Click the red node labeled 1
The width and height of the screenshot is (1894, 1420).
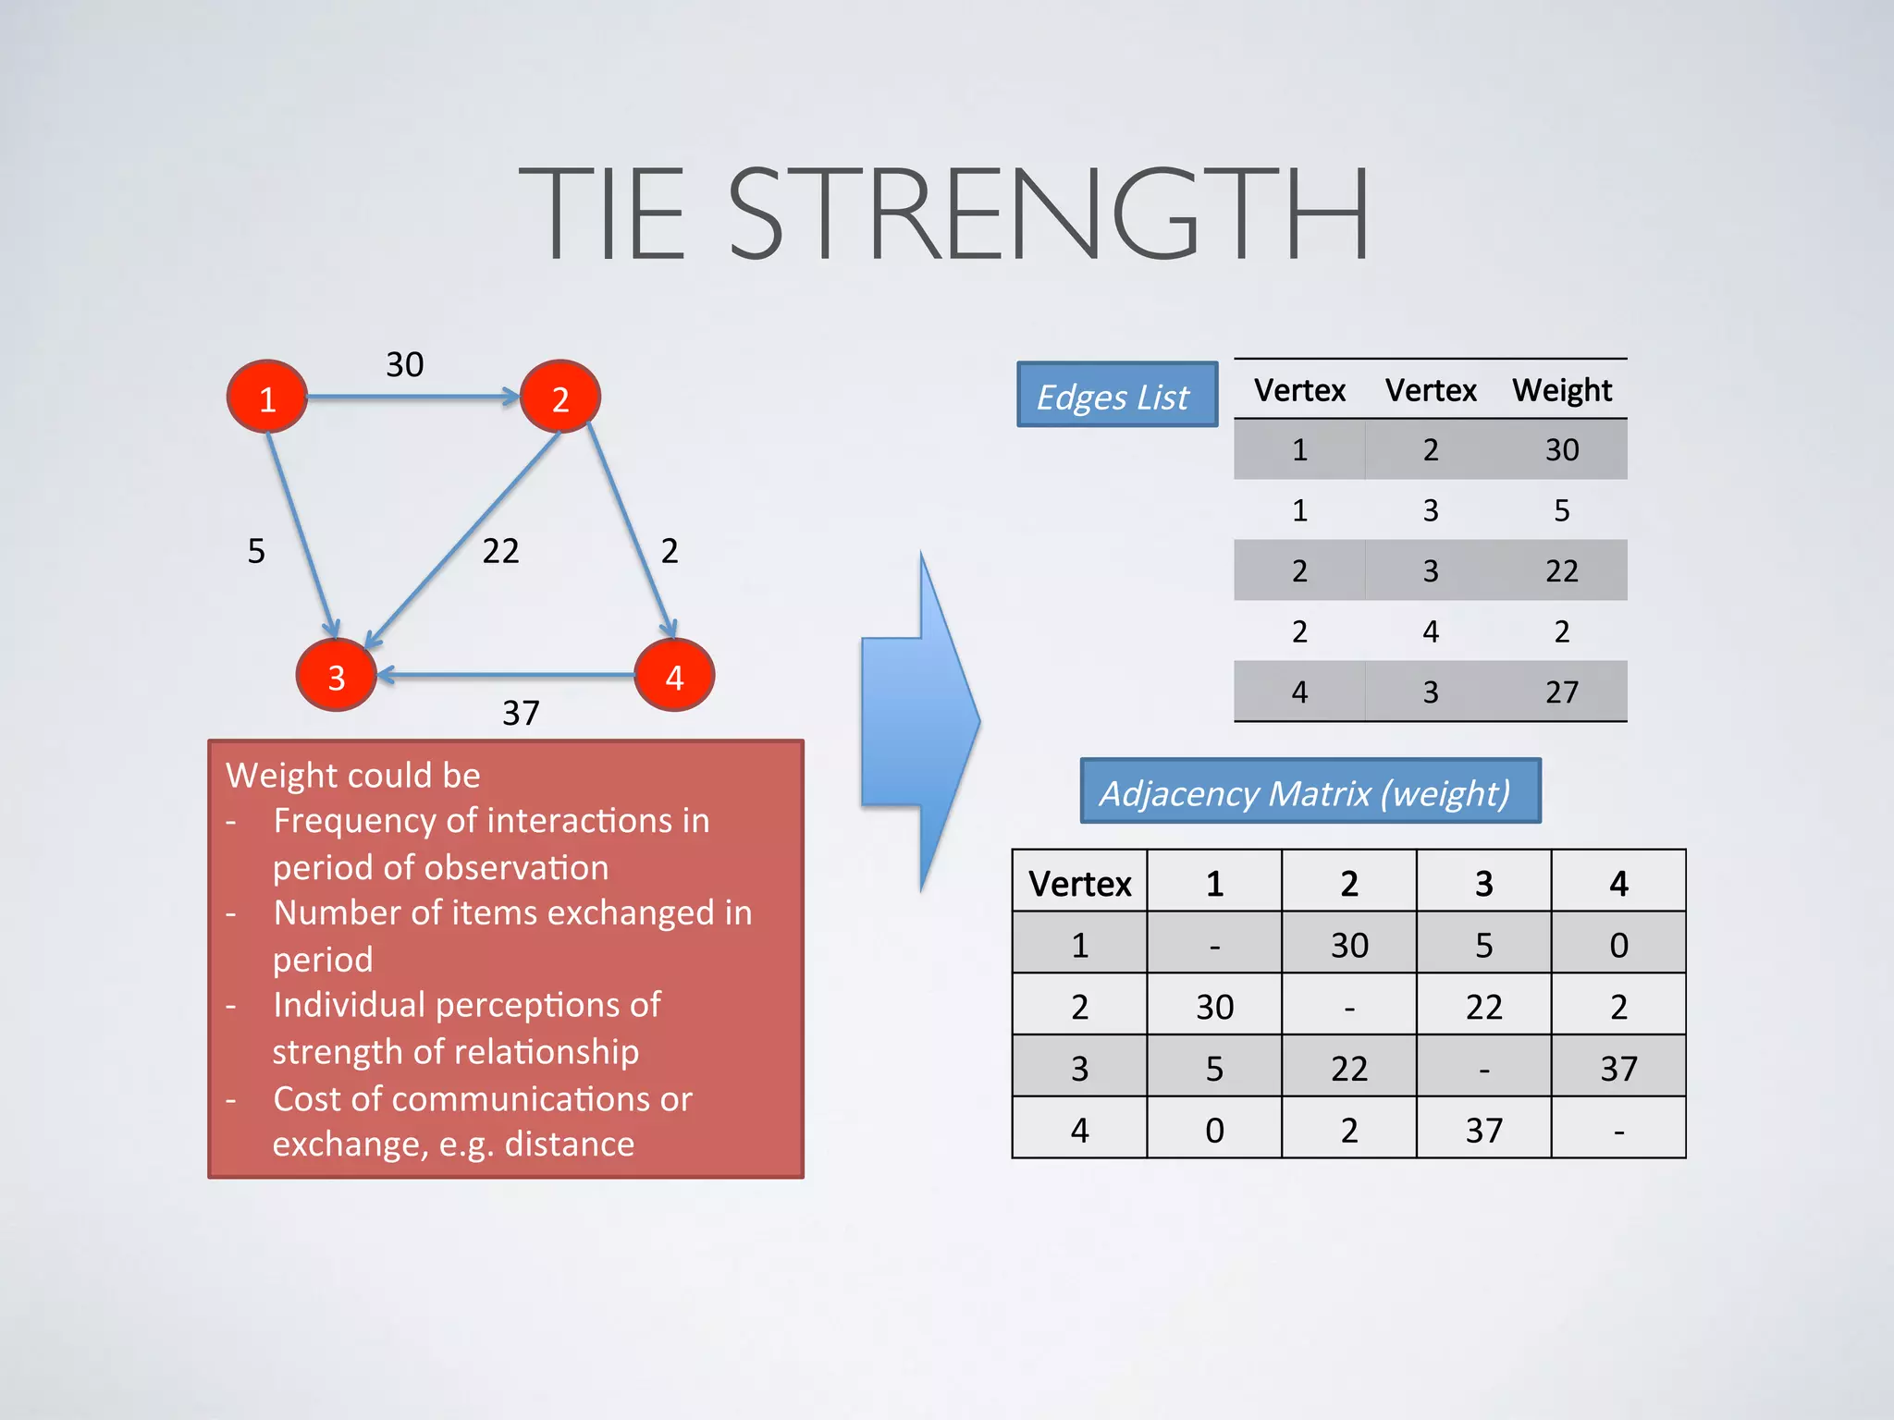[267, 398]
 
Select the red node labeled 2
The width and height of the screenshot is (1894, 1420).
[560, 398]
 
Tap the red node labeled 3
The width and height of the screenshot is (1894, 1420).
[336, 676]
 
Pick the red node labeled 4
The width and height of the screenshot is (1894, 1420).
[674, 676]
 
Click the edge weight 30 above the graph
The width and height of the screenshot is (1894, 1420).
[405, 364]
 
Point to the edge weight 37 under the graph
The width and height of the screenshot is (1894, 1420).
[521, 713]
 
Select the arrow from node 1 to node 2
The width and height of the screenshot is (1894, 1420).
[412, 398]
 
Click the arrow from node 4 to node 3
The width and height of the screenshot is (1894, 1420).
[506, 676]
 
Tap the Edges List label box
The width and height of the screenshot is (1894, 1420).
[1117, 395]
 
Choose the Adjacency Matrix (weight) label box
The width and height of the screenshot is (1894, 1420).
[1310, 791]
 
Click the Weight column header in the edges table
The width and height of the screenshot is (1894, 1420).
[1562, 390]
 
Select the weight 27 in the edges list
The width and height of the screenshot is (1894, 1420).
[1562, 692]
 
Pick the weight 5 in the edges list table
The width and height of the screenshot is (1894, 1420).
[1562, 510]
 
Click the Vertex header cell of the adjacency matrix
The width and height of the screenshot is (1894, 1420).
[1079, 883]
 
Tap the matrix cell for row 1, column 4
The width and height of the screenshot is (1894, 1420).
[1618, 944]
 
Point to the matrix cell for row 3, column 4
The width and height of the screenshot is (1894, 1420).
[1618, 1068]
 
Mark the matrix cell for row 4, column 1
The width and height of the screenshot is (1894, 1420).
[1214, 1129]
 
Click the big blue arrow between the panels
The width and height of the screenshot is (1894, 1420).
[920, 721]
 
